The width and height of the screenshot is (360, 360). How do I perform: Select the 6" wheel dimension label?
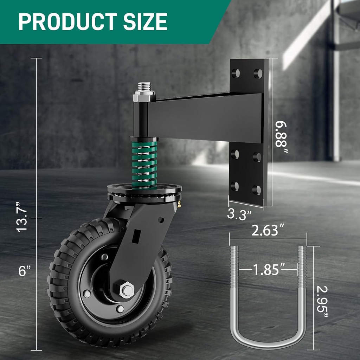(x=24, y=271)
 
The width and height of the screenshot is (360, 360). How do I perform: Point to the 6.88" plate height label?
(x=282, y=137)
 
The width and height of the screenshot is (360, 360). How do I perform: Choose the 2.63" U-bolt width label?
(x=268, y=231)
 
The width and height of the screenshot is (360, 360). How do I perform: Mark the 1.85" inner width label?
(x=268, y=270)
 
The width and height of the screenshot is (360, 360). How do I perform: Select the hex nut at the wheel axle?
(x=127, y=290)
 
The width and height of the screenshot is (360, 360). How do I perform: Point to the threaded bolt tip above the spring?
(x=144, y=86)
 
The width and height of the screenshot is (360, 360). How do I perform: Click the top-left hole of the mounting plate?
(x=236, y=73)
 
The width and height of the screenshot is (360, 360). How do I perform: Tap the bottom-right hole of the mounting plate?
(x=257, y=190)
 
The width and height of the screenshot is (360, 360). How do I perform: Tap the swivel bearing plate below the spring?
(x=144, y=192)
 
